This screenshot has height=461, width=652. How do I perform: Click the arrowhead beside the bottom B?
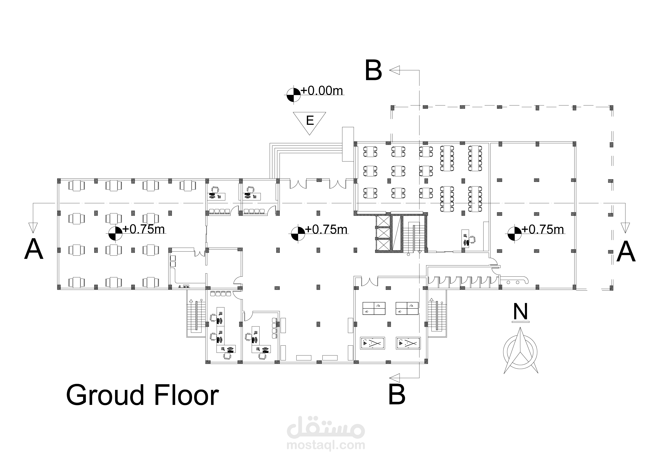[395, 378]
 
